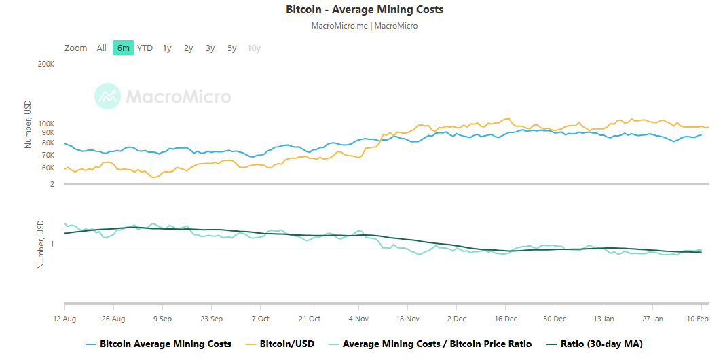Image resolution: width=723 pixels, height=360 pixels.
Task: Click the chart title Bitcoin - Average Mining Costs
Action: coord(365,10)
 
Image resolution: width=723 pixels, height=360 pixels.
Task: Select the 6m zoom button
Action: coord(123,48)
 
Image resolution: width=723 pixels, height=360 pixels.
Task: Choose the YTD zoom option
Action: coord(145,48)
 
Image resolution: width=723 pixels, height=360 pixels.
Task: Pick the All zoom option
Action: coord(101,48)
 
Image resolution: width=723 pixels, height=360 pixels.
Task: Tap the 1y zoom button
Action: coord(167,48)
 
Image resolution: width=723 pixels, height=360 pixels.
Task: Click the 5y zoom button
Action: coord(232,48)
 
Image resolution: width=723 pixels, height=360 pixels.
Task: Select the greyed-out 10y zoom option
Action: coord(254,48)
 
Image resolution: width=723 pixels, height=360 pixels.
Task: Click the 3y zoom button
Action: coord(210,48)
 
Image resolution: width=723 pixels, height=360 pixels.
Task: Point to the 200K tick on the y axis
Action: coord(45,64)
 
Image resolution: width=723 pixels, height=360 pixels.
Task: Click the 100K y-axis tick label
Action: coord(45,124)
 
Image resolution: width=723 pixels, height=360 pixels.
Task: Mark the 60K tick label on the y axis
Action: coord(47,167)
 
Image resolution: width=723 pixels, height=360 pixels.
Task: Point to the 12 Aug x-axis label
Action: coord(64,318)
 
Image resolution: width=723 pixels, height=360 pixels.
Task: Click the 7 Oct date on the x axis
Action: coord(261,318)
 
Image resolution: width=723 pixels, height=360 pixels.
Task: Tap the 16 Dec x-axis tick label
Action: coord(506,318)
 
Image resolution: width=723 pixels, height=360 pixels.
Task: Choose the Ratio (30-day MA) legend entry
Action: coord(601,344)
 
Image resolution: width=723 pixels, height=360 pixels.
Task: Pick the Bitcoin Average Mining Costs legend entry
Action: coord(165,344)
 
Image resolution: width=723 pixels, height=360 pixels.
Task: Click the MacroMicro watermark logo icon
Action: coord(107,96)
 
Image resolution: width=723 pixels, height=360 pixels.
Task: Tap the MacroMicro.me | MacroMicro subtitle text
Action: coord(365,26)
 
